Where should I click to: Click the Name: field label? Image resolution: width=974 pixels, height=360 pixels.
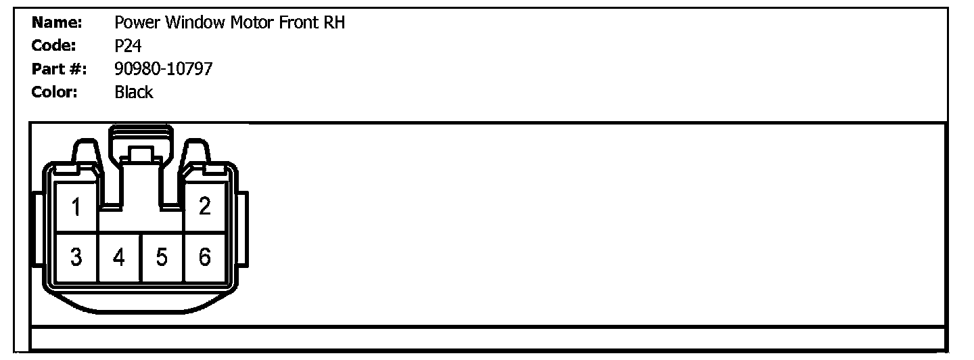pyautogui.click(x=57, y=23)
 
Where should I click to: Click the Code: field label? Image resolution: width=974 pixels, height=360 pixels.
pyautogui.click(x=53, y=46)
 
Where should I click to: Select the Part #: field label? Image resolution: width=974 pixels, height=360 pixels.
pyautogui.click(x=60, y=69)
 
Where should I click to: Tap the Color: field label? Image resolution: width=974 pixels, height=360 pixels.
pyautogui.click(x=55, y=92)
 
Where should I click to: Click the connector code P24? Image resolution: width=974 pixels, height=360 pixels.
pyautogui.click(x=128, y=46)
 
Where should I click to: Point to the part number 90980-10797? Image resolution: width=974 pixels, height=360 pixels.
pyautogui.click(x=164, y=69)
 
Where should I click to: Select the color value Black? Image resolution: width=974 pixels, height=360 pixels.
pyautogui.click(x=134, y=92)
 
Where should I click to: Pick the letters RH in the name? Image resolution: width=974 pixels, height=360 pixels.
pyautogui.click(x=334, y=23)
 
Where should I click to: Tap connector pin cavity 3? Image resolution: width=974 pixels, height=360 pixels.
pyautogui.click(x=76, y=257)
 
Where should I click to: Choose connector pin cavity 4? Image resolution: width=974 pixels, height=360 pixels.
pyautogui.click(x=119, y=257)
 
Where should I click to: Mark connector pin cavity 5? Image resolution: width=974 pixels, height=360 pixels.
pyautogui.click(x=162, y=257)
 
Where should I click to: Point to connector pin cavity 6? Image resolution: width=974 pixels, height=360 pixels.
pyautogui.click(x=204, y=257)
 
